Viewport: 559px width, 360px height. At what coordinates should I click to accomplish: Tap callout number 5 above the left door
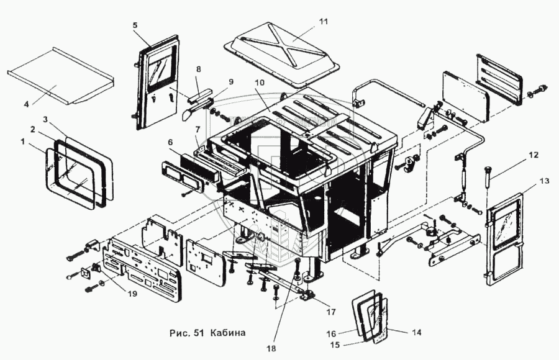coord(135,25)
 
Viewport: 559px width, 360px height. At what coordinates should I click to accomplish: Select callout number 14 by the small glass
coord(417,332)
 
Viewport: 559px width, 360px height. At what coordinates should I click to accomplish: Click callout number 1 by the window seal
coord(23,142)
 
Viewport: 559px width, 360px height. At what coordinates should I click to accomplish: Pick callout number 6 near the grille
coord(170,142)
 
